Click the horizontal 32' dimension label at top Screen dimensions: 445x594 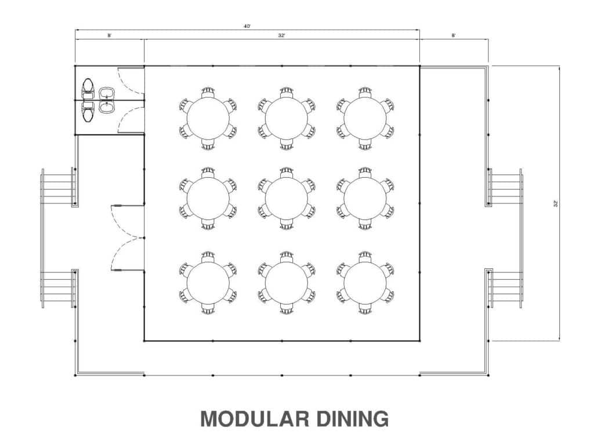(281, 35)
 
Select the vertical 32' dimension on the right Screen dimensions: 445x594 (555, 203)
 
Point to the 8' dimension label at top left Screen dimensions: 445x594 (109, 35)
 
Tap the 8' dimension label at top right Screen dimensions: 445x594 (453, 35)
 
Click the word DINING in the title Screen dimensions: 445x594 (352, 419)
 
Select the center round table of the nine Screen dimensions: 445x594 (286, 198)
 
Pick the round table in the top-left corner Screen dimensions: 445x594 (208, 118)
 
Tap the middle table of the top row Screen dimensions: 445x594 (286, 118)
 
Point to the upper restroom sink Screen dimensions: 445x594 (107, 93)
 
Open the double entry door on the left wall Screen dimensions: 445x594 (128, 238)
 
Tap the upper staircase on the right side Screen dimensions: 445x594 (505, 187)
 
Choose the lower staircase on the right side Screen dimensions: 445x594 (505, 288)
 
